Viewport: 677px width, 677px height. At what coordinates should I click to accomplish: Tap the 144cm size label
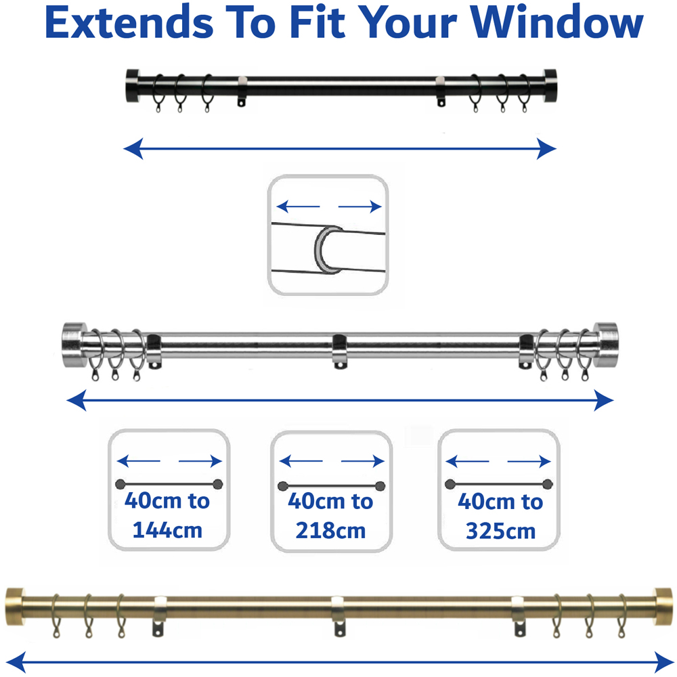[x=167, y=529]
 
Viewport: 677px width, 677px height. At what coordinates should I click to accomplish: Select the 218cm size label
[x=330, y=529]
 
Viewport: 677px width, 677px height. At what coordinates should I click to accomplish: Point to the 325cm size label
[x=500, y=531]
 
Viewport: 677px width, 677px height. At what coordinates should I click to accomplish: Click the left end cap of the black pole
[x=131, y=85]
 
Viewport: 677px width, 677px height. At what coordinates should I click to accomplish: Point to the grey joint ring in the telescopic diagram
[x=324, y=251]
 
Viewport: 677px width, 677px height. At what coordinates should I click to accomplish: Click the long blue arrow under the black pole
[x=339, y=148]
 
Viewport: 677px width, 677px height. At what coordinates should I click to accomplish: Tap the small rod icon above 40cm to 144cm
[x=169, y=484]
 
